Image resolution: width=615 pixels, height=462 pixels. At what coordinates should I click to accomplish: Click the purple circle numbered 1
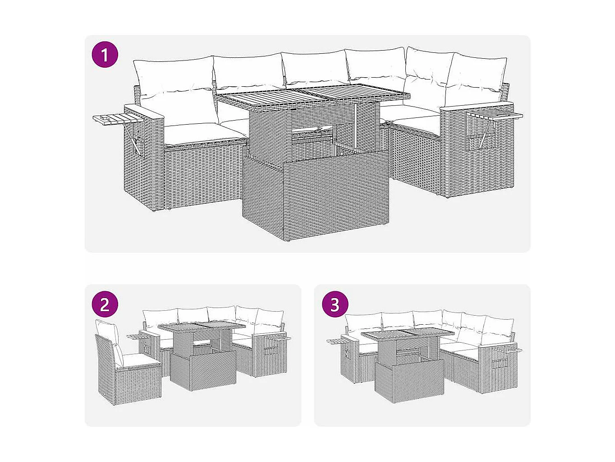(x=105, y=55)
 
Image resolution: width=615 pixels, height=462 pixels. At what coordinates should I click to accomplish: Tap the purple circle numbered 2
(x=105, y=304)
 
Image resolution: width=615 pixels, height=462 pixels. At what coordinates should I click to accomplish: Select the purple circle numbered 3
(x=335, y=304)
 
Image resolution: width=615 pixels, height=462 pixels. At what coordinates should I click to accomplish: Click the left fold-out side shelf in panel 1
(x=118, y=119)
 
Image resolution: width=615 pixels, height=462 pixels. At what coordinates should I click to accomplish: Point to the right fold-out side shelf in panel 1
(x=496, y=115)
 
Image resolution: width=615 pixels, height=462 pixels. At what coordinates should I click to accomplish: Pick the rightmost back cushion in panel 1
(x=476, y=77)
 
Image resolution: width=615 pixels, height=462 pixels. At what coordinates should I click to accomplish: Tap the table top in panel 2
(x=202, y=327)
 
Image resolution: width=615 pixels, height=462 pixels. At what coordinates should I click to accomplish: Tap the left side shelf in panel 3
(x=339, y=342)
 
